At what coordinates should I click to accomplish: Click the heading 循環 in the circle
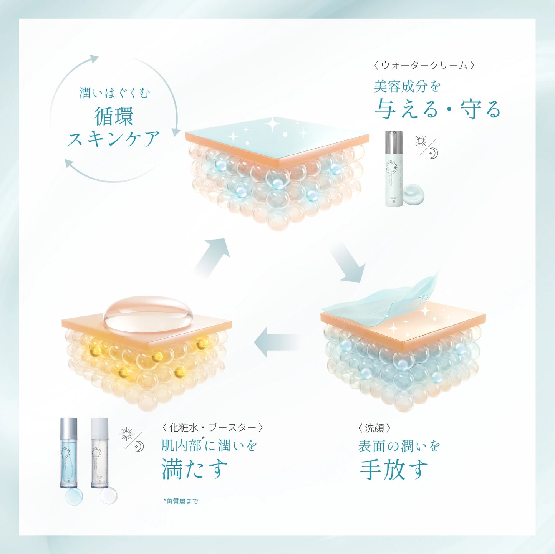pyautogui.click(x=114, y=116)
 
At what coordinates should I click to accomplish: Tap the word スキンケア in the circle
pyautogui.click(x=113, y=139)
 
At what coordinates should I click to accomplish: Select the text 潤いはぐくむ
pyautogui.click(x=114, y=93)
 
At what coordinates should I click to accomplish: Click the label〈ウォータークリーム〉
pyautogui.click(x=424, y=65)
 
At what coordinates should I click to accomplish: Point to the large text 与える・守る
pyautogui.click(x=438, y=109)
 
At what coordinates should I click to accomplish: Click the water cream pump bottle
pyautogui.click(x=394, y=169)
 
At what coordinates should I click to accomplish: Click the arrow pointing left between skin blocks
pyautogui.click(x=277, y=342)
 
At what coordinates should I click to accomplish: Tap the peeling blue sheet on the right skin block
pyautogui.click(x=380, y=299)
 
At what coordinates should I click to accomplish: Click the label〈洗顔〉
pyautogui.click(x=374, y=428)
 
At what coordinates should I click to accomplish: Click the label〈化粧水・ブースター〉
pyautogui.click(x=212, y=427)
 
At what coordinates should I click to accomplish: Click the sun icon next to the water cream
pyautogui.click(x=421, y=141)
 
